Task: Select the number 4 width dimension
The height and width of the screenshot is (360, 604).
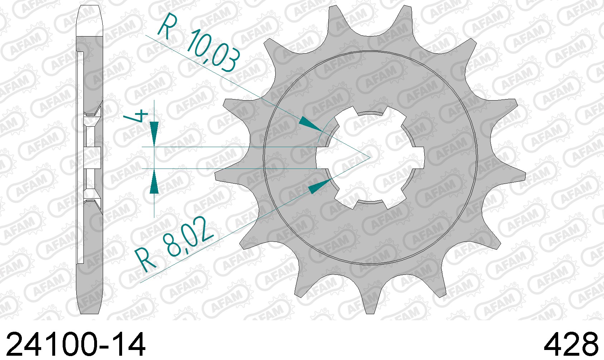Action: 136,116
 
